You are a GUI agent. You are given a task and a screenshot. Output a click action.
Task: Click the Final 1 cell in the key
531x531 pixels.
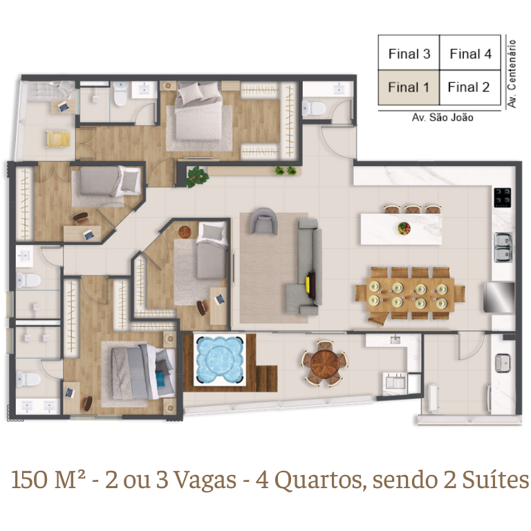coord(409,87)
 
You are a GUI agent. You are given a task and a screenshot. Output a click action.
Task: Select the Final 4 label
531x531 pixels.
coord(470,54)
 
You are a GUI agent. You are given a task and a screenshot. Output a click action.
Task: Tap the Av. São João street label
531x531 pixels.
coord(442,118)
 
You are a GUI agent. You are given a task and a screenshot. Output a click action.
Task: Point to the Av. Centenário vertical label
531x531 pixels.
coord(512,74)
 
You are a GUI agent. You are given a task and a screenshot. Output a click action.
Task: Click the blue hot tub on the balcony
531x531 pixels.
coord(220,360)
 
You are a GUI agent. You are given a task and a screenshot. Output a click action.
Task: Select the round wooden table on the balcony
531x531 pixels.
coord(324,364)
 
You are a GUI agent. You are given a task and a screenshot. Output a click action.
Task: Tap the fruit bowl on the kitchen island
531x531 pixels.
coord(404,228)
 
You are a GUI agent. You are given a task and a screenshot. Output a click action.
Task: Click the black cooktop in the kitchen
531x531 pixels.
coord(503,198)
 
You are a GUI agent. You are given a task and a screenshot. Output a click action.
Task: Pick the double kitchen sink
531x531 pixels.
coord(503,248)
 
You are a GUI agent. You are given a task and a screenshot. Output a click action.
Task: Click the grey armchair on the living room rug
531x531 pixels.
coord(264,221)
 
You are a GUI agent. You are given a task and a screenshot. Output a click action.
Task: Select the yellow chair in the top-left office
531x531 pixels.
coord(58,139)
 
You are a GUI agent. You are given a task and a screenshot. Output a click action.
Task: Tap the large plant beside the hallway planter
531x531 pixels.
coord(197,177)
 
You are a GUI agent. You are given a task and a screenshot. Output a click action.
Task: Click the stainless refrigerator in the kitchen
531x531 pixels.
coord(499,297)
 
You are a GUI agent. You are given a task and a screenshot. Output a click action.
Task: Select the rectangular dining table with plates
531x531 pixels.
coord(410,295)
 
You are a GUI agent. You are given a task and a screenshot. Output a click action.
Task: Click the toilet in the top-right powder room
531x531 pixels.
coord(314,109)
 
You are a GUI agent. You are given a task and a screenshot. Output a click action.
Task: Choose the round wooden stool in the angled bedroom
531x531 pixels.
coord(185,232)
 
